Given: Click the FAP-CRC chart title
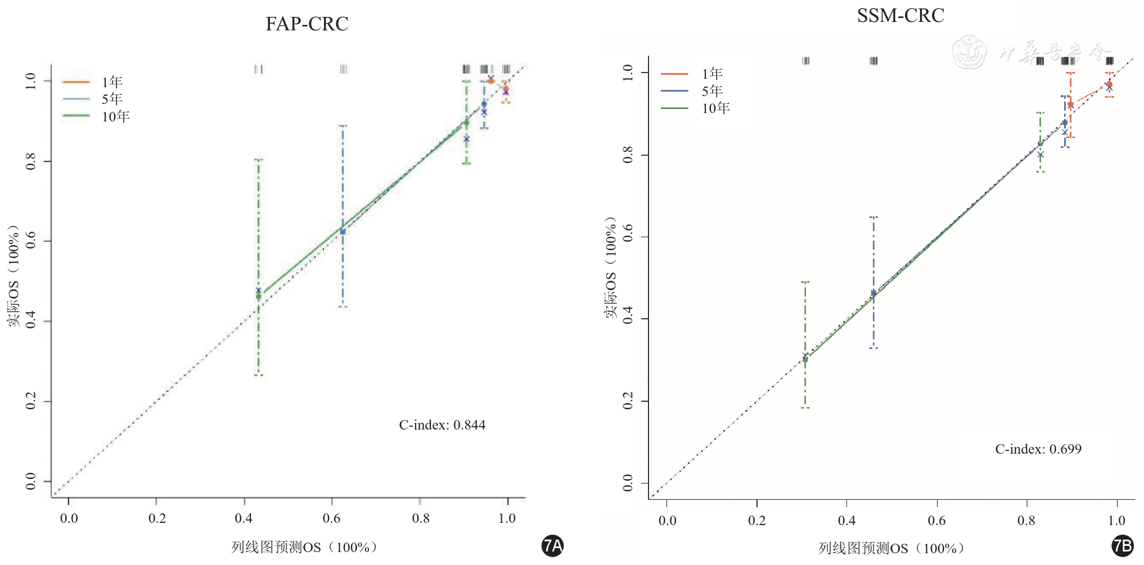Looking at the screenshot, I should tap(307, 24).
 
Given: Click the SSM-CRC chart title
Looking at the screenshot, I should tap(900, 16).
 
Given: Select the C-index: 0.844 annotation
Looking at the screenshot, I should tap(442, 425).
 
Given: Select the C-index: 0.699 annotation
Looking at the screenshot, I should tap(1038, 449).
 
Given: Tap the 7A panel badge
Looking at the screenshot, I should tap(552, 546).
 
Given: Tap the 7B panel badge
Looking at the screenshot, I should tap(1123, 546).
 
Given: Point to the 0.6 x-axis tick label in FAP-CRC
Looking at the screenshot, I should tap(331, 518).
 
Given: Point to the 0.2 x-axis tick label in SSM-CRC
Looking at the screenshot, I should tap(756, 521).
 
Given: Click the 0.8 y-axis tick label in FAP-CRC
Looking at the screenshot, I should tap(31, 161).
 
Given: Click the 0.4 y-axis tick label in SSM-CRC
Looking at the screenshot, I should tap(628, 319).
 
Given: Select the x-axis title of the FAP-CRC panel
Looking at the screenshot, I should tap(304, 548).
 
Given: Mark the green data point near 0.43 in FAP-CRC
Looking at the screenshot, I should tap(259, 296).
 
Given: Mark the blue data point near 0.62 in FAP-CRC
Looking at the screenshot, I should tap(343, 232).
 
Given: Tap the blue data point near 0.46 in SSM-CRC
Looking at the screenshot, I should tap(873, 293).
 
